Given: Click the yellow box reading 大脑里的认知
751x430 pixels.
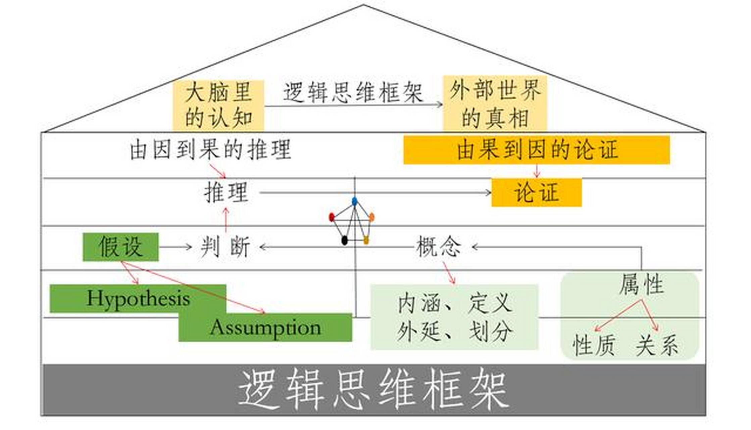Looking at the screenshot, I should coord(218,105).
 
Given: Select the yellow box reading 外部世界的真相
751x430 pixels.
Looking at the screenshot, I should coord(495,103).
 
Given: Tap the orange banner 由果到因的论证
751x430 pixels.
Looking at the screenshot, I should coord(536,150).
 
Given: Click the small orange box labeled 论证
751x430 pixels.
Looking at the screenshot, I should coord(536,192).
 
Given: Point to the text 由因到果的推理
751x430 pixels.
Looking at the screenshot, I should coord(210,150).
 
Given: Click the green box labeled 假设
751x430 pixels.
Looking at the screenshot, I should coord(120,247).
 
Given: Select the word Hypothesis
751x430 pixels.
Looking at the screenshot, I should coord(138,298).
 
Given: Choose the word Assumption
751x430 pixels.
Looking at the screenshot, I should coord(265,328).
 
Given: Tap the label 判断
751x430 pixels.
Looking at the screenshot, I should coord(225,247).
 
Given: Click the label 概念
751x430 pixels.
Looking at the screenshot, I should coord(439,247).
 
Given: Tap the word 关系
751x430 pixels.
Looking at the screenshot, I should coord(657,345).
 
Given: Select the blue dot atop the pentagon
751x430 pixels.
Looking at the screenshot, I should coord(355,201).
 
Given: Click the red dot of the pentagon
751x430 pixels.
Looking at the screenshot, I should coord(332,217).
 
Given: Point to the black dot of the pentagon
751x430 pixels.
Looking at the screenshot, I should coord(344,240).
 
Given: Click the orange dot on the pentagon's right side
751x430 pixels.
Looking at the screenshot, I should coord(371,217).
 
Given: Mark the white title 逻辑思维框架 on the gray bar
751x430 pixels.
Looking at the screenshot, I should coord(373,390).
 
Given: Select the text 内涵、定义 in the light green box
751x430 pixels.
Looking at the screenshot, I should coord(455,303).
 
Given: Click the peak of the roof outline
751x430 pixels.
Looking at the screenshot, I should coord(363,5).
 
